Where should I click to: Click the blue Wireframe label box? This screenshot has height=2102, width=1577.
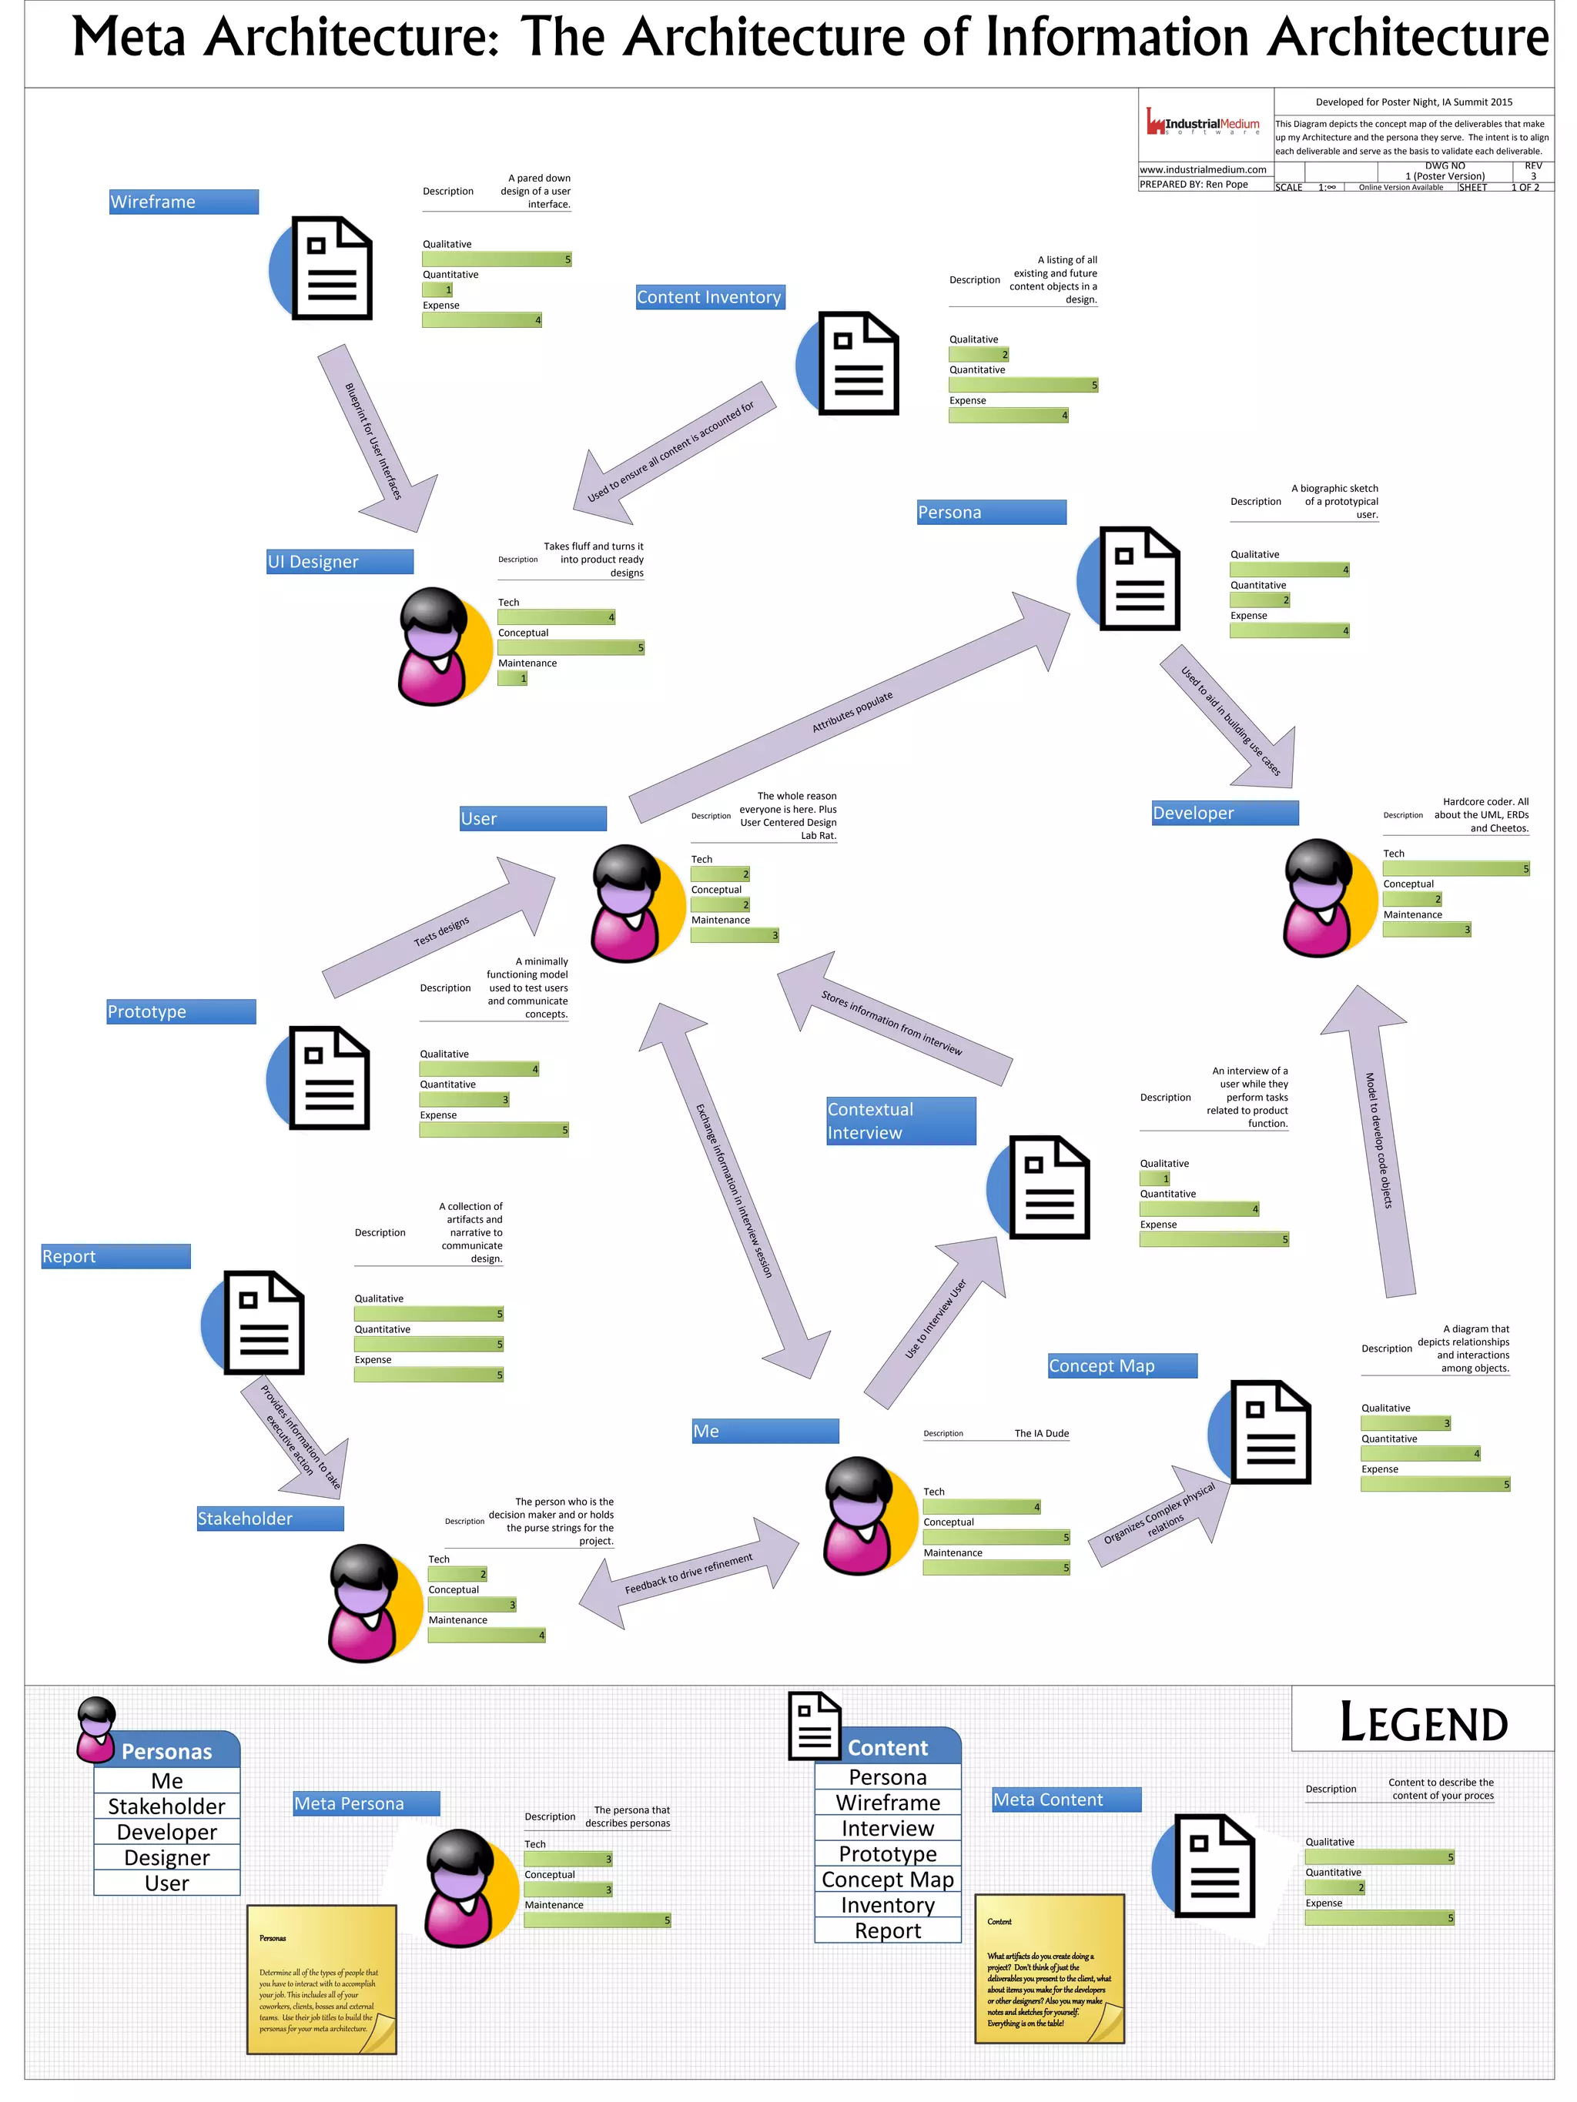click(183, 202)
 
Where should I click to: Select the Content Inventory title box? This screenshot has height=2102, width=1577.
click(710, 297)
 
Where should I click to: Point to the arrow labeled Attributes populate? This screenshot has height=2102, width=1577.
click(851, 711)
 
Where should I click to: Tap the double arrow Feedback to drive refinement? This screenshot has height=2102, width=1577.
click(688, 1574)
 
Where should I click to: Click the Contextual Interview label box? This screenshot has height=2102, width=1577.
click(900, 1121)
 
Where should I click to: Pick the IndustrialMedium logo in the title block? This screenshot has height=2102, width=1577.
click(1203, 124)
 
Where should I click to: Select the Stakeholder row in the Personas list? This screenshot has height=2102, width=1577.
click(167, 1806)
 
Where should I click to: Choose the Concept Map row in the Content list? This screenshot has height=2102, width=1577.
click(887, 1879)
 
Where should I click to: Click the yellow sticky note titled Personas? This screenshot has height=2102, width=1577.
click(321, 1978)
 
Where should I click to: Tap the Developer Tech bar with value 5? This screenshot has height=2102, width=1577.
click(1455, 868)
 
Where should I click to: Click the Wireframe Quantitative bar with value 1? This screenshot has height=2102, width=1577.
click(437, 290)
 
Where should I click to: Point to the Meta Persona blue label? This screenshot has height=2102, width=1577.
click(367, 1803)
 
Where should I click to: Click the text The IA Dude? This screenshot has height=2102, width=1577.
click(1041, 1433)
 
